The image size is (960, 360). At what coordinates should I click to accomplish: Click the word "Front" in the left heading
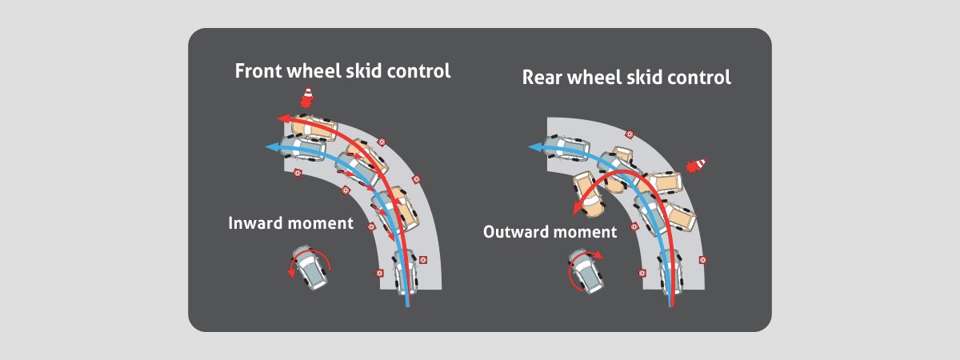click(258, 70)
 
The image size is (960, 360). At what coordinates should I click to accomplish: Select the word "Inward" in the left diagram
click(255, 223)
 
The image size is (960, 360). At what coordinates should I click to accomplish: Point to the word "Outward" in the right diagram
click(515, 232)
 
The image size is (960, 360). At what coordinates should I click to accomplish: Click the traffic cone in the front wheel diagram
click(307, 98)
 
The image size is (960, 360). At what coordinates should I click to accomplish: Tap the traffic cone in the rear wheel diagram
click(697, 165)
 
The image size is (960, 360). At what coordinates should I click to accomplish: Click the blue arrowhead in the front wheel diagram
click(272, 147)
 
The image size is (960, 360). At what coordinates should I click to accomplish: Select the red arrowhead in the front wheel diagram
click(282, 118)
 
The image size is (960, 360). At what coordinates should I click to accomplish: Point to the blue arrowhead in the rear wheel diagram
click(534, 147)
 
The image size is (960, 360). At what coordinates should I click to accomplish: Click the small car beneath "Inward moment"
click(310, 267)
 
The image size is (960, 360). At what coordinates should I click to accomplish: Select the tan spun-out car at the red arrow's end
click(589, 194)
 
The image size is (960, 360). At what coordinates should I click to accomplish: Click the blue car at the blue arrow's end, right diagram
click(566, 148)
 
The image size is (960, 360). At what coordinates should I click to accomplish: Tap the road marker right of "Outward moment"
click(634, 226)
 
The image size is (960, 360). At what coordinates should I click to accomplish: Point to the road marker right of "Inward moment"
click(371, 226)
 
